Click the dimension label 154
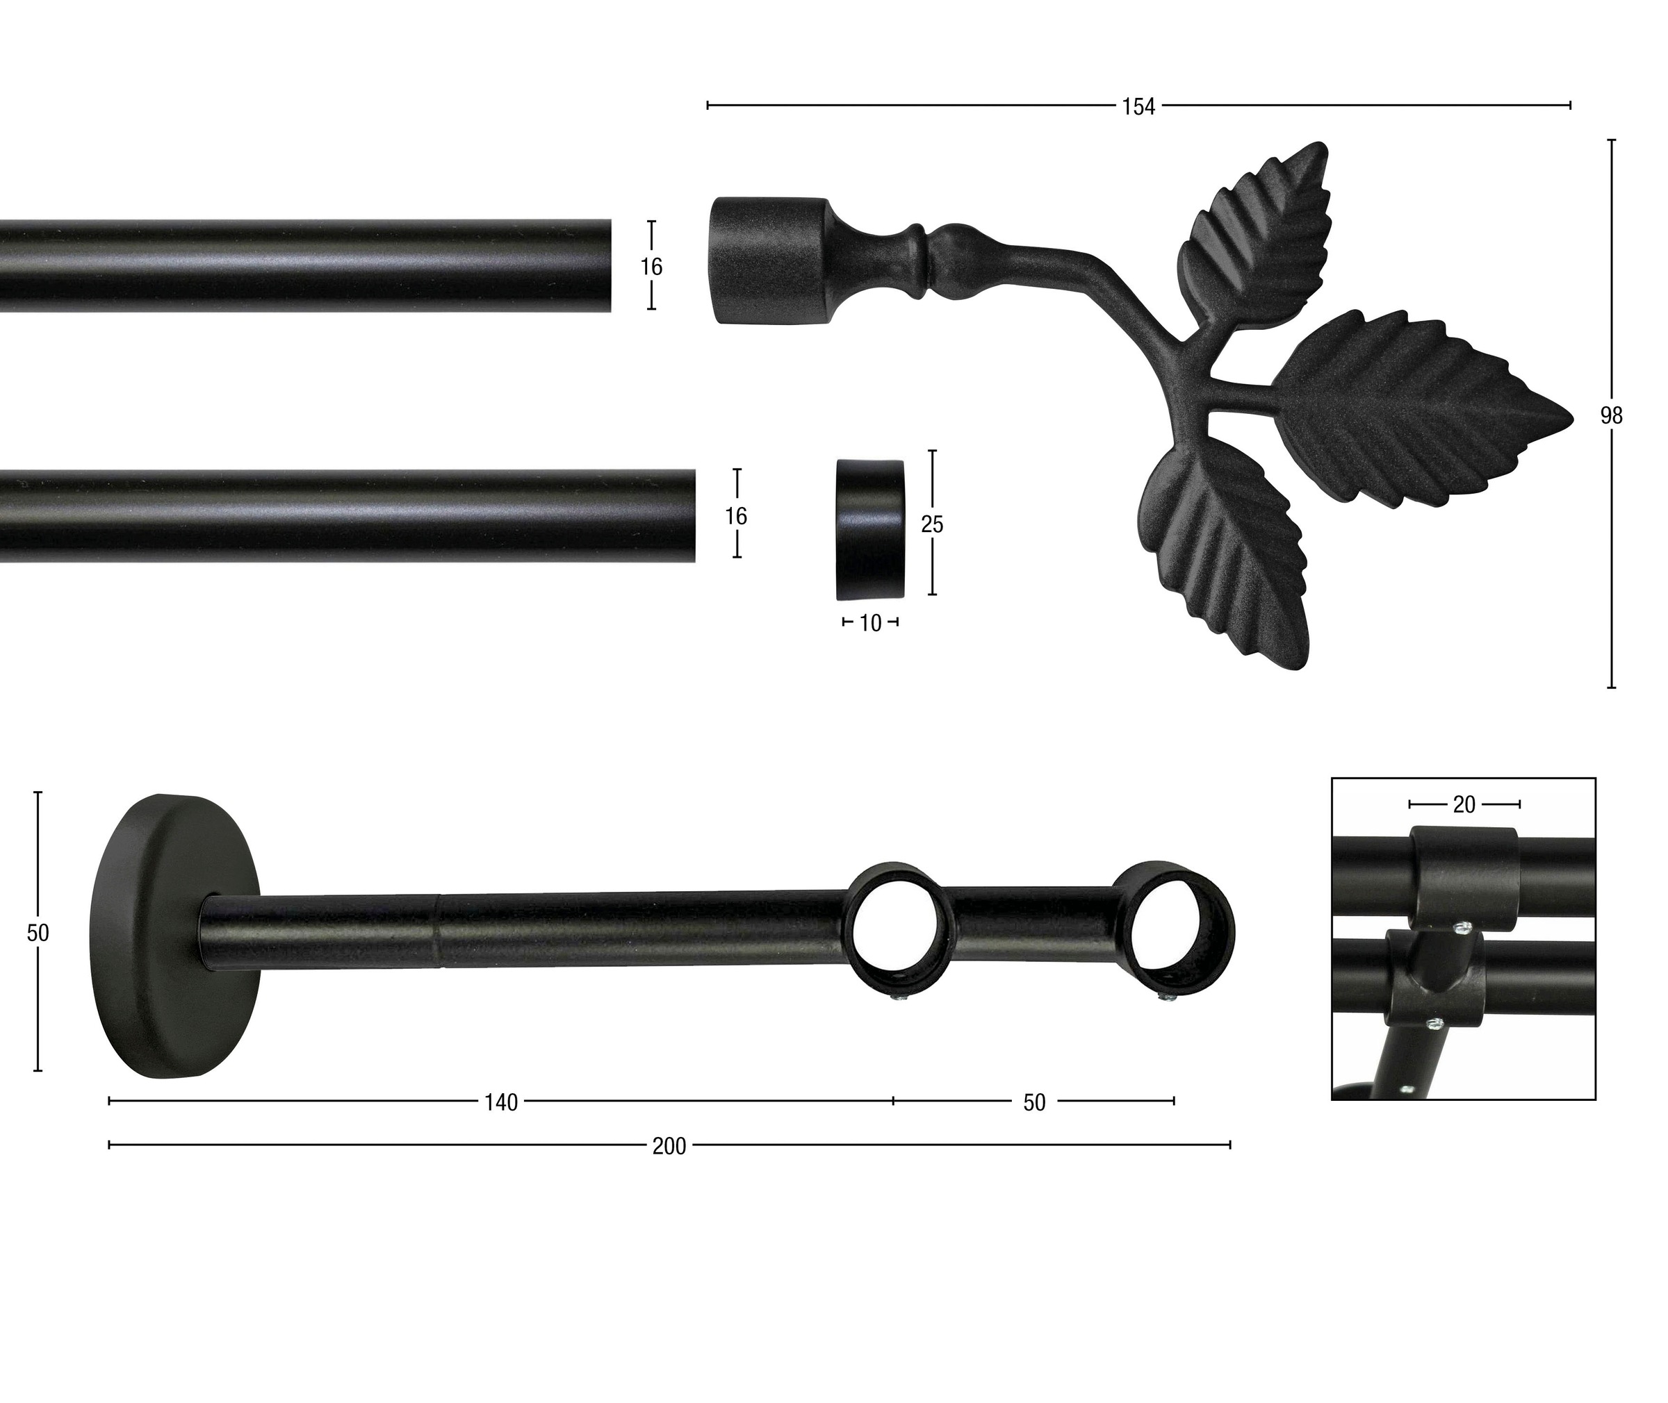1138,106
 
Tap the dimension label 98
1612,416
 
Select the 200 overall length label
669,1146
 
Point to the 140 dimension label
501,1102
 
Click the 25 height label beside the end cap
932,524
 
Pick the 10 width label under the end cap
871,624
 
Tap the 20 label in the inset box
1464,805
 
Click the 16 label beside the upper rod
651,267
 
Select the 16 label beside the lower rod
736,516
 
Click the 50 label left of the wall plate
38,932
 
